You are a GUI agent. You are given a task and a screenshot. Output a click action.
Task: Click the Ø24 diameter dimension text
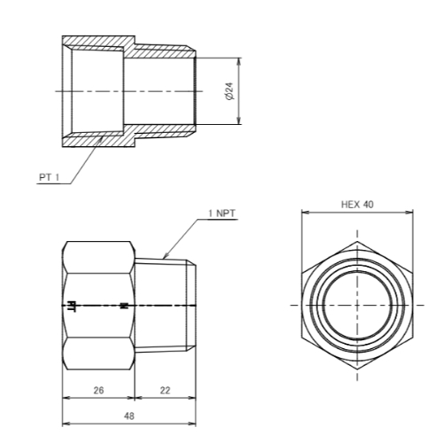[229, 90]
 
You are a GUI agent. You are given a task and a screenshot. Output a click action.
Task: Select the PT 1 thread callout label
[50, 177]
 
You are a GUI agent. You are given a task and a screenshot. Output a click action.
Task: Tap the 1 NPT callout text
[221, 214]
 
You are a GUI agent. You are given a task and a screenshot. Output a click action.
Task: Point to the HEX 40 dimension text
[357, 205]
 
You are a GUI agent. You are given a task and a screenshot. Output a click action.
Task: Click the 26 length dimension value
[98, 391]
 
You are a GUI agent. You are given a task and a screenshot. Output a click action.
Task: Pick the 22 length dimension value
[165, 391]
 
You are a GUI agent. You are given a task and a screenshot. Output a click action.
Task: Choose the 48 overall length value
[129, 416]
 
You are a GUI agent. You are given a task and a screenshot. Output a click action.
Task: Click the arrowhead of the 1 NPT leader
[166, 255]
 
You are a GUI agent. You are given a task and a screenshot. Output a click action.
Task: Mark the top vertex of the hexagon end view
[357, 241]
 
